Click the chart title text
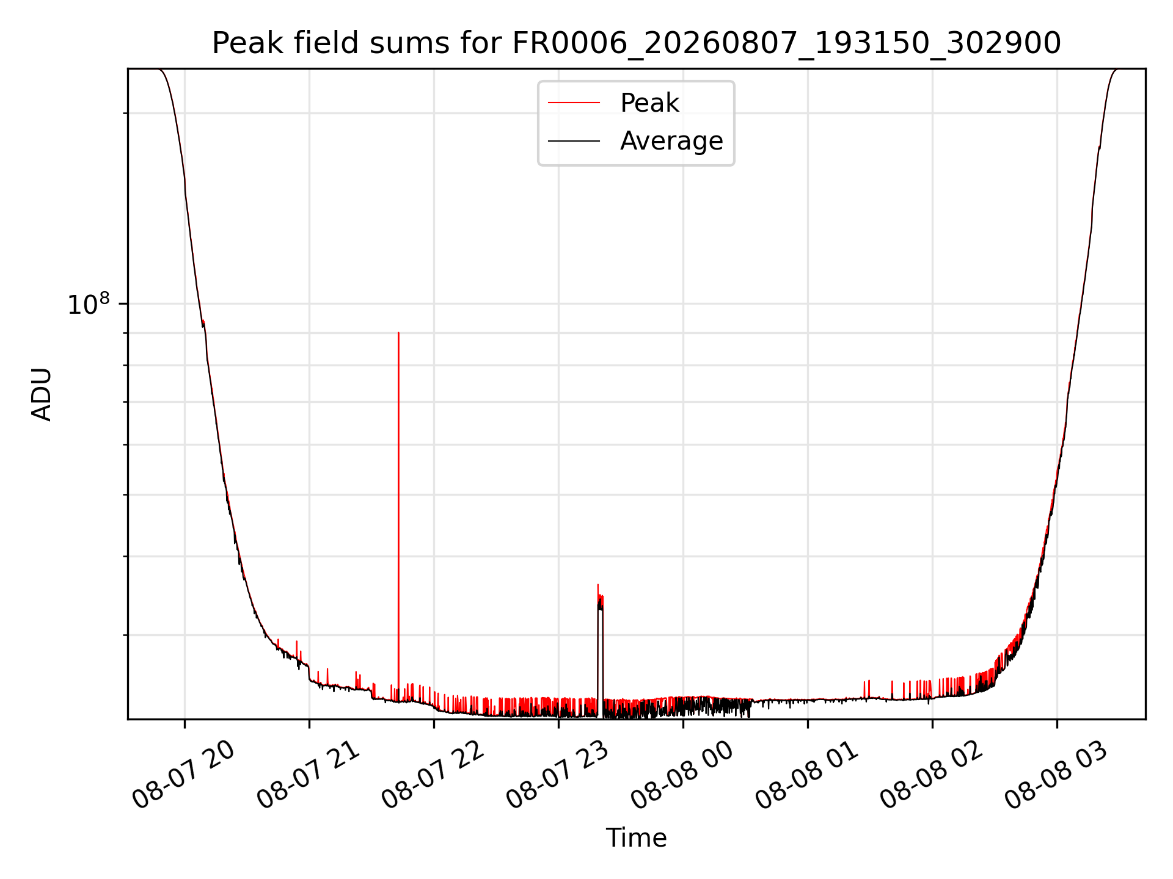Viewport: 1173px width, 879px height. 636,43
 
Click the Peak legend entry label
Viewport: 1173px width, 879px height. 649,103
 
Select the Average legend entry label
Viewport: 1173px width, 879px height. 671,141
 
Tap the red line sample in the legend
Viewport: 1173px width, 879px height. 574,103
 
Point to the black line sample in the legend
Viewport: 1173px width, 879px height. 574,141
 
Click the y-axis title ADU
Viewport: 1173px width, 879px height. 42,394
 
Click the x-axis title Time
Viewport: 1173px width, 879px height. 636,838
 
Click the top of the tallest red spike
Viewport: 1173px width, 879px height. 398,333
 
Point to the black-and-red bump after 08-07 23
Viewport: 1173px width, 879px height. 600,647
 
